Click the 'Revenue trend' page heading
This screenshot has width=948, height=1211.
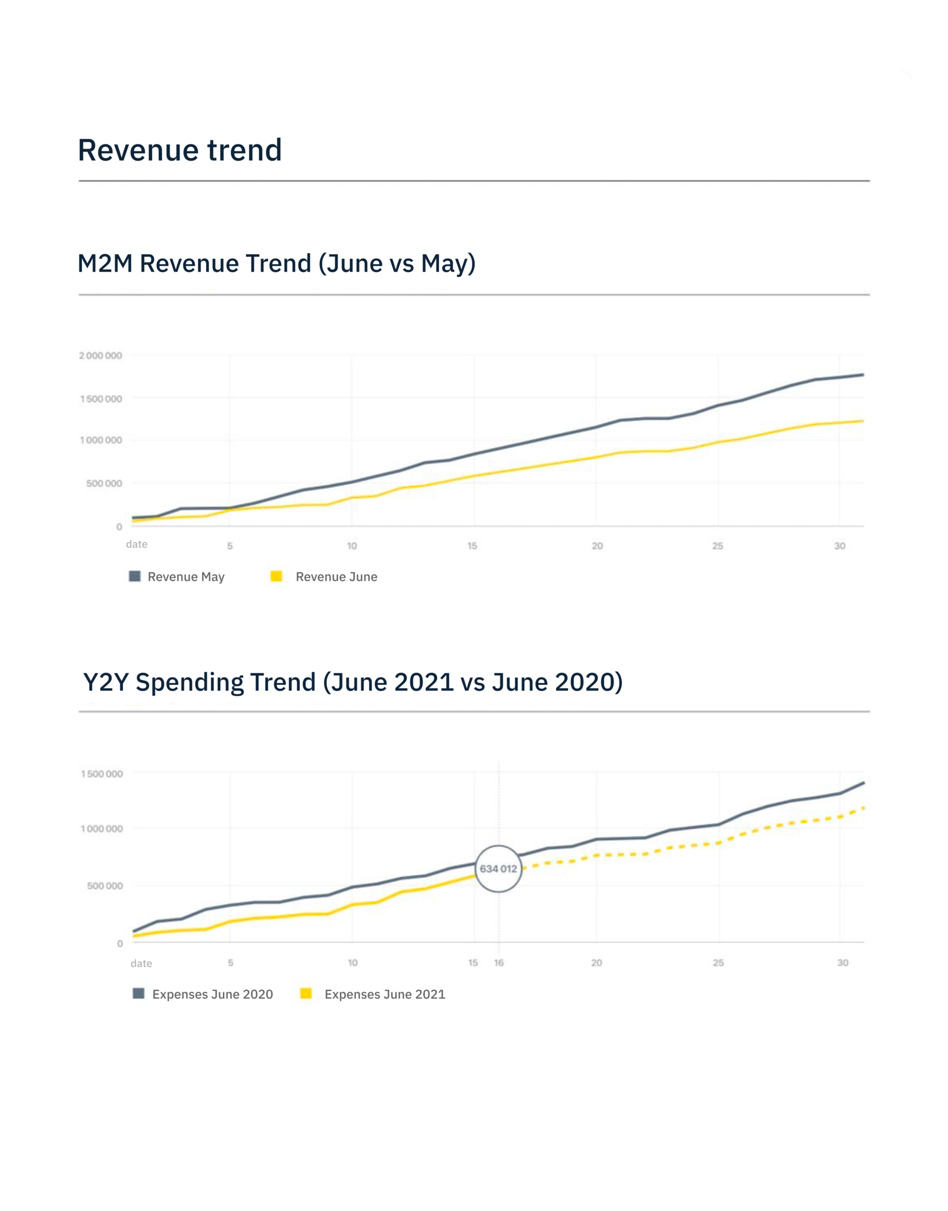tap(179, 150)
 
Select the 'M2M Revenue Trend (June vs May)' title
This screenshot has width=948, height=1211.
tap(276, 264)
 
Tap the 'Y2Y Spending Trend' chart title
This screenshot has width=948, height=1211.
tap(353, 682)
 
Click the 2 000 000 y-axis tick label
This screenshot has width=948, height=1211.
tap(100, 356)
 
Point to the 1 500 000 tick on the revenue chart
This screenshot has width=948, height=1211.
tap(100, 399)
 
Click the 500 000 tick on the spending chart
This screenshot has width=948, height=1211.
tap(104, 886)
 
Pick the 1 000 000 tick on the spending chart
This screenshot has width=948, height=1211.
tap(101, 829)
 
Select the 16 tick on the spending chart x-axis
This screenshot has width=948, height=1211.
tap(499, 963)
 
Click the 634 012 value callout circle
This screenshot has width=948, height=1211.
tap(498, 869)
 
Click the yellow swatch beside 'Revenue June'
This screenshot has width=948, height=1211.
tap(276, 576)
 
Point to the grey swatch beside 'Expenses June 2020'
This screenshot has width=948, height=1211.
tap(138, 994)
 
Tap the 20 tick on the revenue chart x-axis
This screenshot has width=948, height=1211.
tap(597, 546)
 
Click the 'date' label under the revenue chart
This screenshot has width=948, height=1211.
tap(137, 544)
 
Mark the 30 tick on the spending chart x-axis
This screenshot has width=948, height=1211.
tap(842, 963)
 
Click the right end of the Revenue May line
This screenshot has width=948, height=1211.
tap(863, 375)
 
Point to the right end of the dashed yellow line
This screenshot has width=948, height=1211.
tap(863, 808)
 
